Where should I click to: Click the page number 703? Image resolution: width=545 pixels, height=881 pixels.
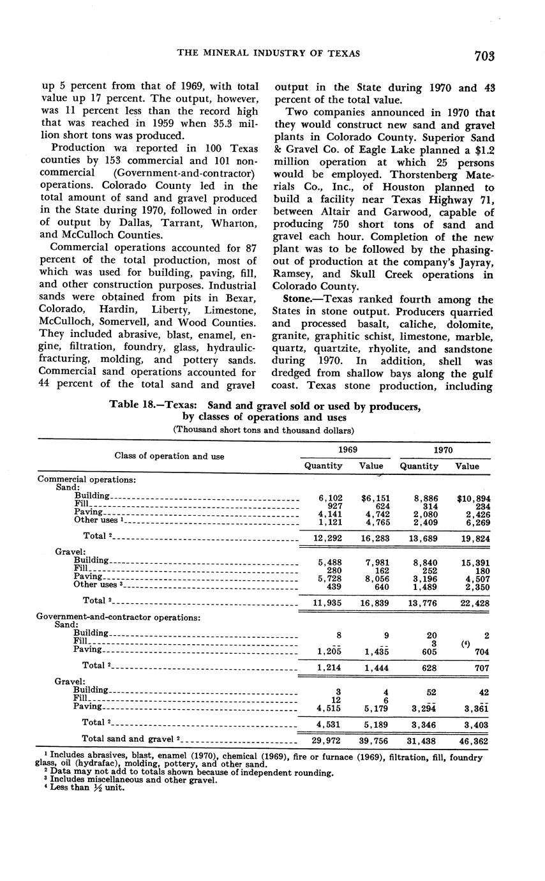coord(484,56)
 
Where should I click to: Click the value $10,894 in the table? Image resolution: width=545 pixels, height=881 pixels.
coord(474,497)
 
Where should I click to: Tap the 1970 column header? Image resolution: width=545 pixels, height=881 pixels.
coord(444,450)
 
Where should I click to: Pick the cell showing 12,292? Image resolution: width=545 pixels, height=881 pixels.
coord(324,538)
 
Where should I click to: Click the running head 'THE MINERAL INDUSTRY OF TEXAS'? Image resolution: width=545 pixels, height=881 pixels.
coord(268,54)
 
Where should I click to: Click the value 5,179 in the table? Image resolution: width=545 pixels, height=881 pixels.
coord(371,708)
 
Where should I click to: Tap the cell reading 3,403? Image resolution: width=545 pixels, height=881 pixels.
coord(474,724)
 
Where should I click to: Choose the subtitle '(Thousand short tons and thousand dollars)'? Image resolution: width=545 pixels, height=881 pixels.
coord(264,430)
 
